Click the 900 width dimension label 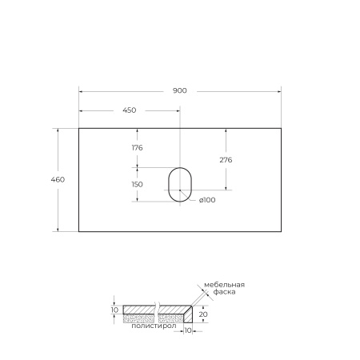tap(179, 90)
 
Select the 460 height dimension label tap(58, 178)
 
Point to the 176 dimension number tap(136, 147)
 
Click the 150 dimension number tap(136, 184)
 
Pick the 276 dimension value tap(226, 159)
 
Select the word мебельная tap(223, 285)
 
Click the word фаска tap(216, 293)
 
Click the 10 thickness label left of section tap(115, 310)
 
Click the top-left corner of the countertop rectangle tap(78, 127)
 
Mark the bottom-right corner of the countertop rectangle tap(282, 231)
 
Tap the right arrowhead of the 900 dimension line tap(279, 97)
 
